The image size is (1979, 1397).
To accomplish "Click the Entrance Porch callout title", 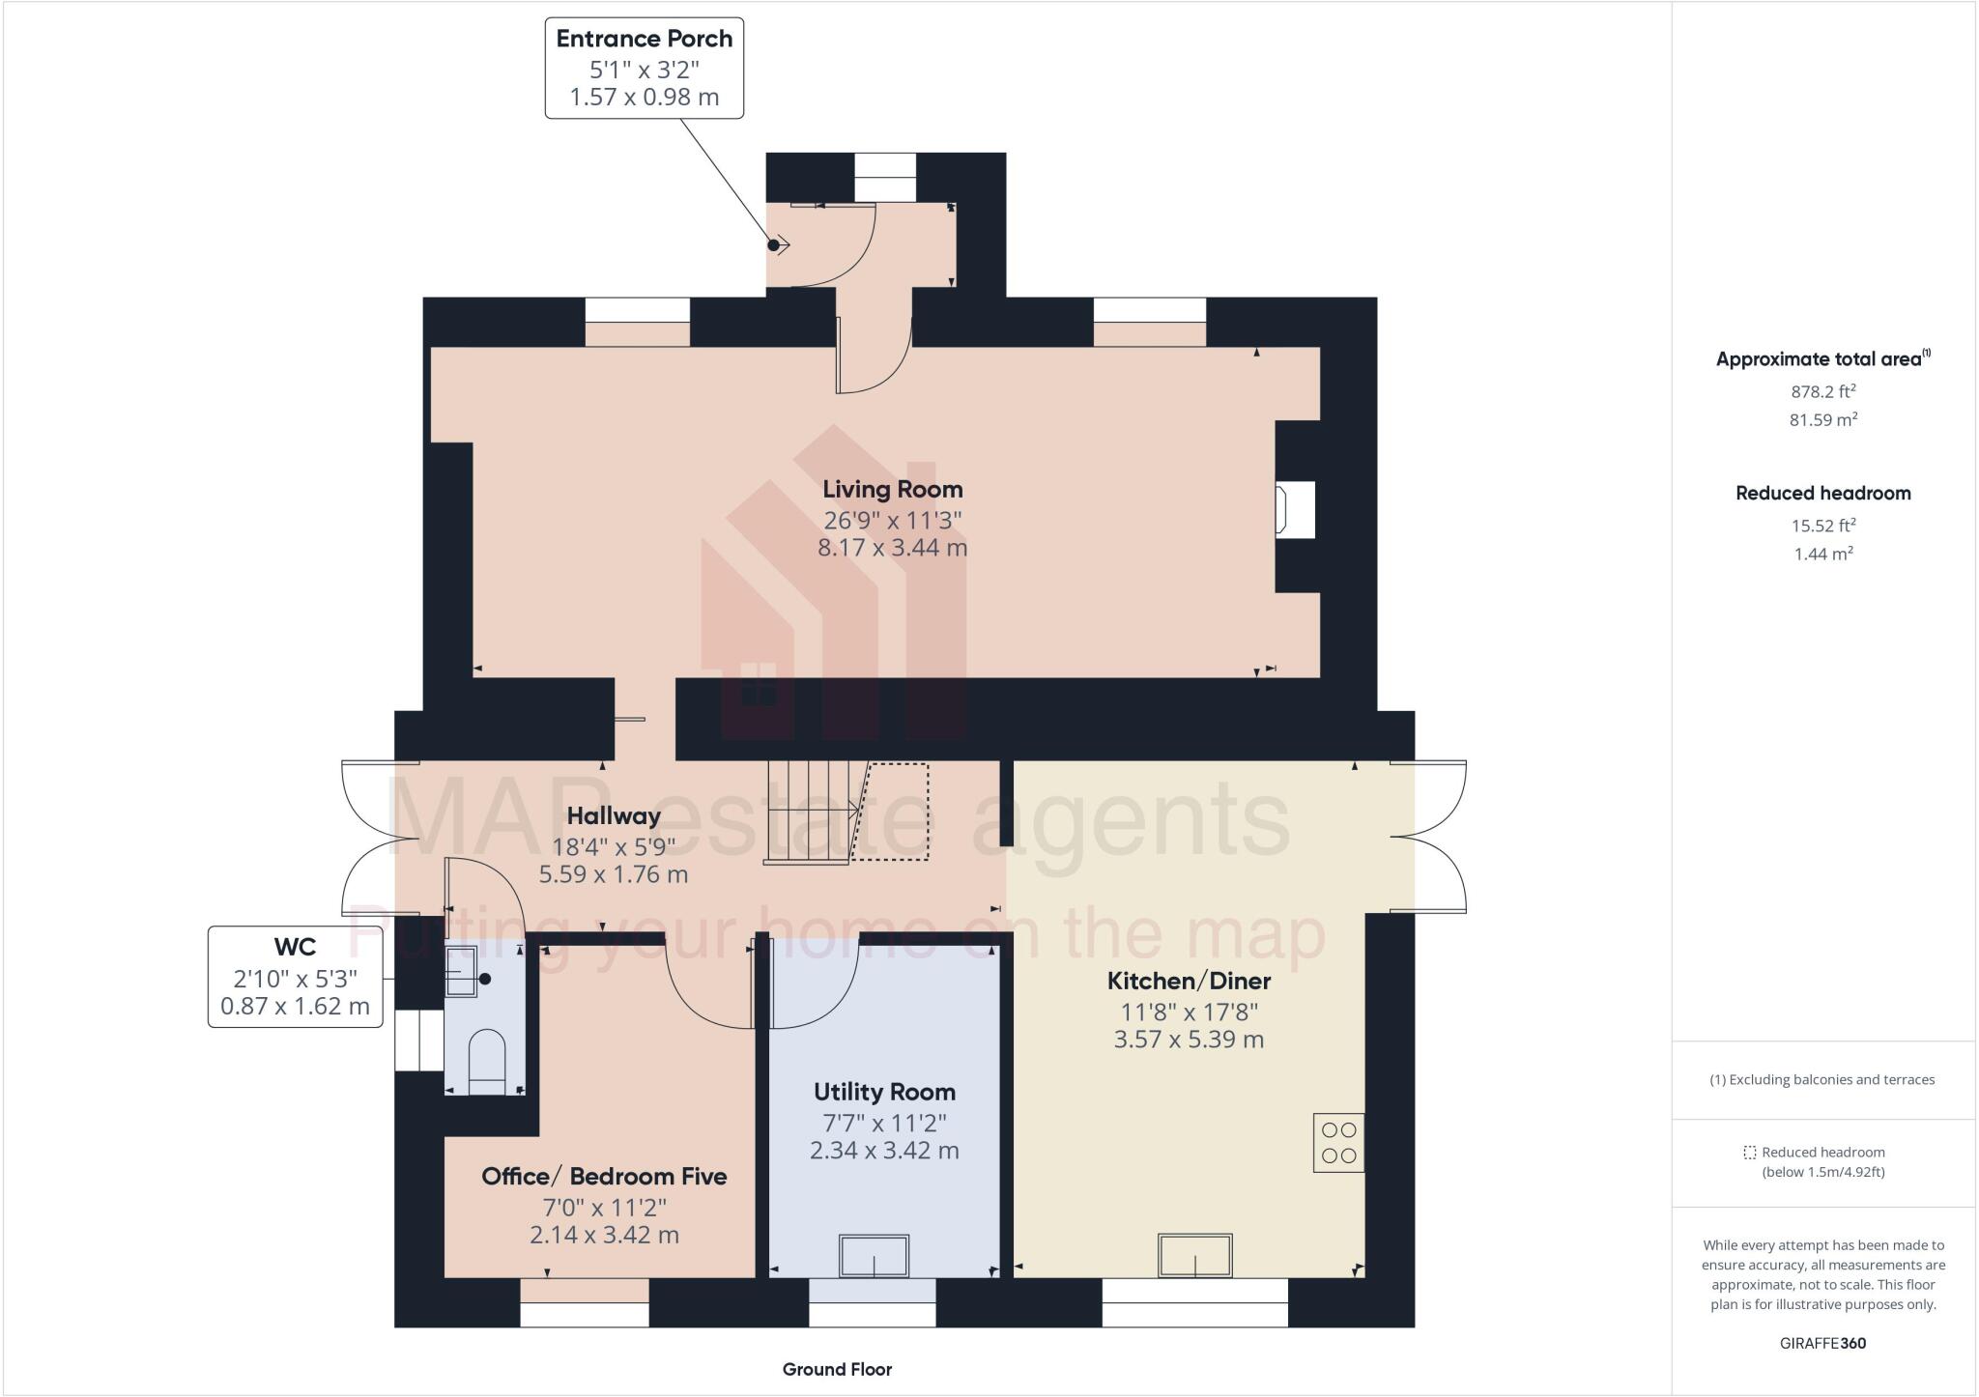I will (644, 39).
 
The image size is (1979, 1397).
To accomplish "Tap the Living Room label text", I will (892, 489).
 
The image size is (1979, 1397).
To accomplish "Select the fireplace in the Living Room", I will (1295, 509).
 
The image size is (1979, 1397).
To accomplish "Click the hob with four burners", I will (1338, 1143).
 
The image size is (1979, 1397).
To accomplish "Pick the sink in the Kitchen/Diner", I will (1195, 1255).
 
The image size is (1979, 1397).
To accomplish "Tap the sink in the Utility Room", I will (874, 1256).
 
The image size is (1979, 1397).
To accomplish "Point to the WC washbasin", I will (462, 972).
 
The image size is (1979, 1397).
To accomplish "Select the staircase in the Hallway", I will (810, 812).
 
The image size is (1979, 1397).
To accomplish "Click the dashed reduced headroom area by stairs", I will (894, 812).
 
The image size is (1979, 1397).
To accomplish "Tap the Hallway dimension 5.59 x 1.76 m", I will (613, 874).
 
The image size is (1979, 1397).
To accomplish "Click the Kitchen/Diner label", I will (1189, 981).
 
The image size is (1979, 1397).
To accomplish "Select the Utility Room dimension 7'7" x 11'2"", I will (883, 1123).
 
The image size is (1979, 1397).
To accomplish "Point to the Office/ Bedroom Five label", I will (604, 1176).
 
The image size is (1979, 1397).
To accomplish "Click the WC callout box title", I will (295, 946).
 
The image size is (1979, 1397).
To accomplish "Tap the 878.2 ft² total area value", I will (1822, 391).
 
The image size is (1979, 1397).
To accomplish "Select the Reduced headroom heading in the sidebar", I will (1822, 493).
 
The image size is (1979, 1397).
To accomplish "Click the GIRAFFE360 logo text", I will (1822, 1343).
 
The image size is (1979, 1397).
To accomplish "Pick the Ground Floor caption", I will (837, 1369).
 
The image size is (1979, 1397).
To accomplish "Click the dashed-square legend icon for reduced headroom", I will (1749, 1153).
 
